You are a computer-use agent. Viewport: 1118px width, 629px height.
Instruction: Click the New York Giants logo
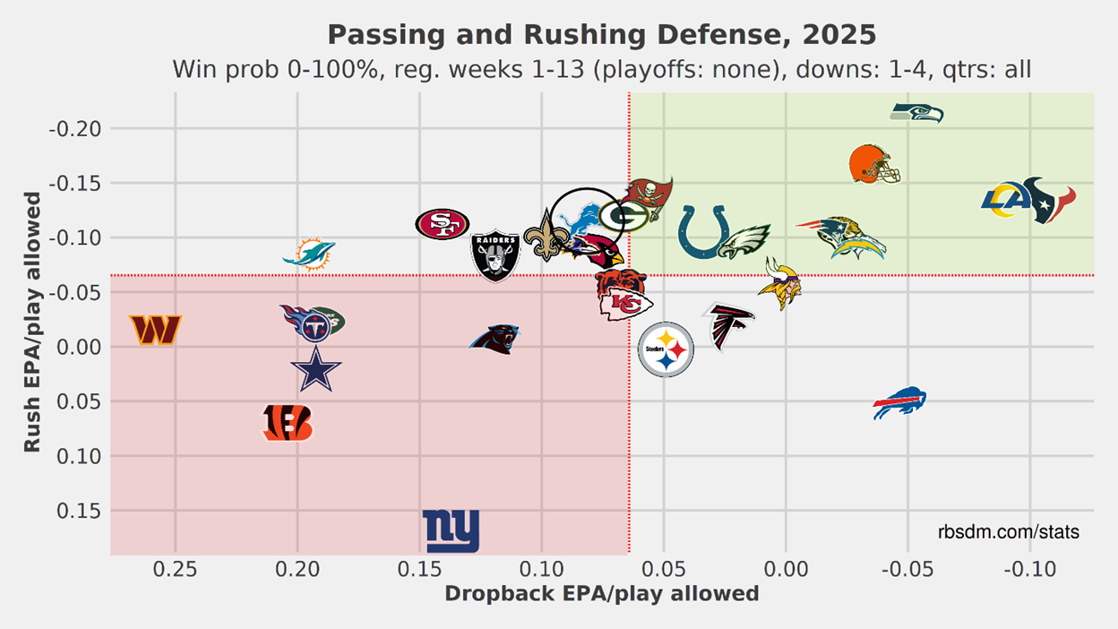451,531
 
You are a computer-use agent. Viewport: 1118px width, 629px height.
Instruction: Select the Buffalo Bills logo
899,403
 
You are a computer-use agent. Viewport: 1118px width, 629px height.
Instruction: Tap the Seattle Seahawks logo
916,113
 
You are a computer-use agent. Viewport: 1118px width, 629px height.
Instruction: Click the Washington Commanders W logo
156,330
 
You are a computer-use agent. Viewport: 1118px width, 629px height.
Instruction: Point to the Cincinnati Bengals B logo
288,423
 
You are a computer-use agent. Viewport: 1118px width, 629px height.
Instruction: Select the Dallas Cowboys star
315,369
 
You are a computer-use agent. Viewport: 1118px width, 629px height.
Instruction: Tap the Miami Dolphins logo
308,254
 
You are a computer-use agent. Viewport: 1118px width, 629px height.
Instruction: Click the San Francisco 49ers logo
442,224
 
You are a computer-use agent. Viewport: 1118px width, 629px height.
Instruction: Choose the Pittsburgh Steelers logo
666,349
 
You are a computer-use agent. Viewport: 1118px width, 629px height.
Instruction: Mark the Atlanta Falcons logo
728,327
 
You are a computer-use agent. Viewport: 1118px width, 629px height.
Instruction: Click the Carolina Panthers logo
494,338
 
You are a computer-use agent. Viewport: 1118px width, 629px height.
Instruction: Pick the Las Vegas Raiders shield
495,255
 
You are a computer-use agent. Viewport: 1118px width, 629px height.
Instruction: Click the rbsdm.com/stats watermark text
1008,532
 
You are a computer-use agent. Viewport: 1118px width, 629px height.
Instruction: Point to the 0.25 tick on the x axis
175,569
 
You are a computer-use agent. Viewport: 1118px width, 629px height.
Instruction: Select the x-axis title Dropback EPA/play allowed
601,594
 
